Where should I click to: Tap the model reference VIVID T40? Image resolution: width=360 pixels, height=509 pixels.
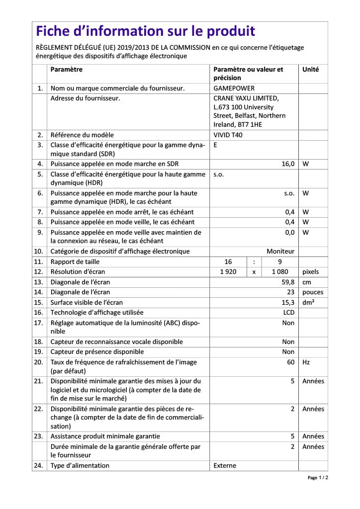(x=228, y=135)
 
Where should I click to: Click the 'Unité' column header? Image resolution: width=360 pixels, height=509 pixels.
(x=311, y=70)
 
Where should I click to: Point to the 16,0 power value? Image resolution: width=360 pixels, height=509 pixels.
(x=288, y=164)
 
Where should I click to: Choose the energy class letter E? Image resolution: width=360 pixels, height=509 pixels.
(x=216, y=145)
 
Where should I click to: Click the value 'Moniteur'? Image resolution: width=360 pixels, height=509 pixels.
(x=280, y=252)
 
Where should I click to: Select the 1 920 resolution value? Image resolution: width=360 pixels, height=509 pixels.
(x=228, y=272)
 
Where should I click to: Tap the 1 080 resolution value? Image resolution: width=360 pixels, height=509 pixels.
(x=280, y=272)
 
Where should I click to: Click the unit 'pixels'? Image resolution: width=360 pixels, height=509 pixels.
(x=311, y=272)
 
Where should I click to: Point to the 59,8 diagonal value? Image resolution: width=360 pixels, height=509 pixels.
(x=288, y=282)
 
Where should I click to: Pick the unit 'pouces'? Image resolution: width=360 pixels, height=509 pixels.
(x=312, y=292)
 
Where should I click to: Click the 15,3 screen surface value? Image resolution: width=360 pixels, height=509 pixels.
(x=288, y=302)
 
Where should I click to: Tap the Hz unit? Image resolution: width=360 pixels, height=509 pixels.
(x=306, y=362)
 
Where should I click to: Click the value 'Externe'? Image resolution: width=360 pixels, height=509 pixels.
(x=225, y=466)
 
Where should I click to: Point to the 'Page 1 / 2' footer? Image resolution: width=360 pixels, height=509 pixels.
(x=318, y=478)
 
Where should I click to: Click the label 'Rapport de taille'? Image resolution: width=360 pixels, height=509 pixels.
(x=75, y=261)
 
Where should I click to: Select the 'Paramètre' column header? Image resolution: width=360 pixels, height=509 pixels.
(x=67, y=70)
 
